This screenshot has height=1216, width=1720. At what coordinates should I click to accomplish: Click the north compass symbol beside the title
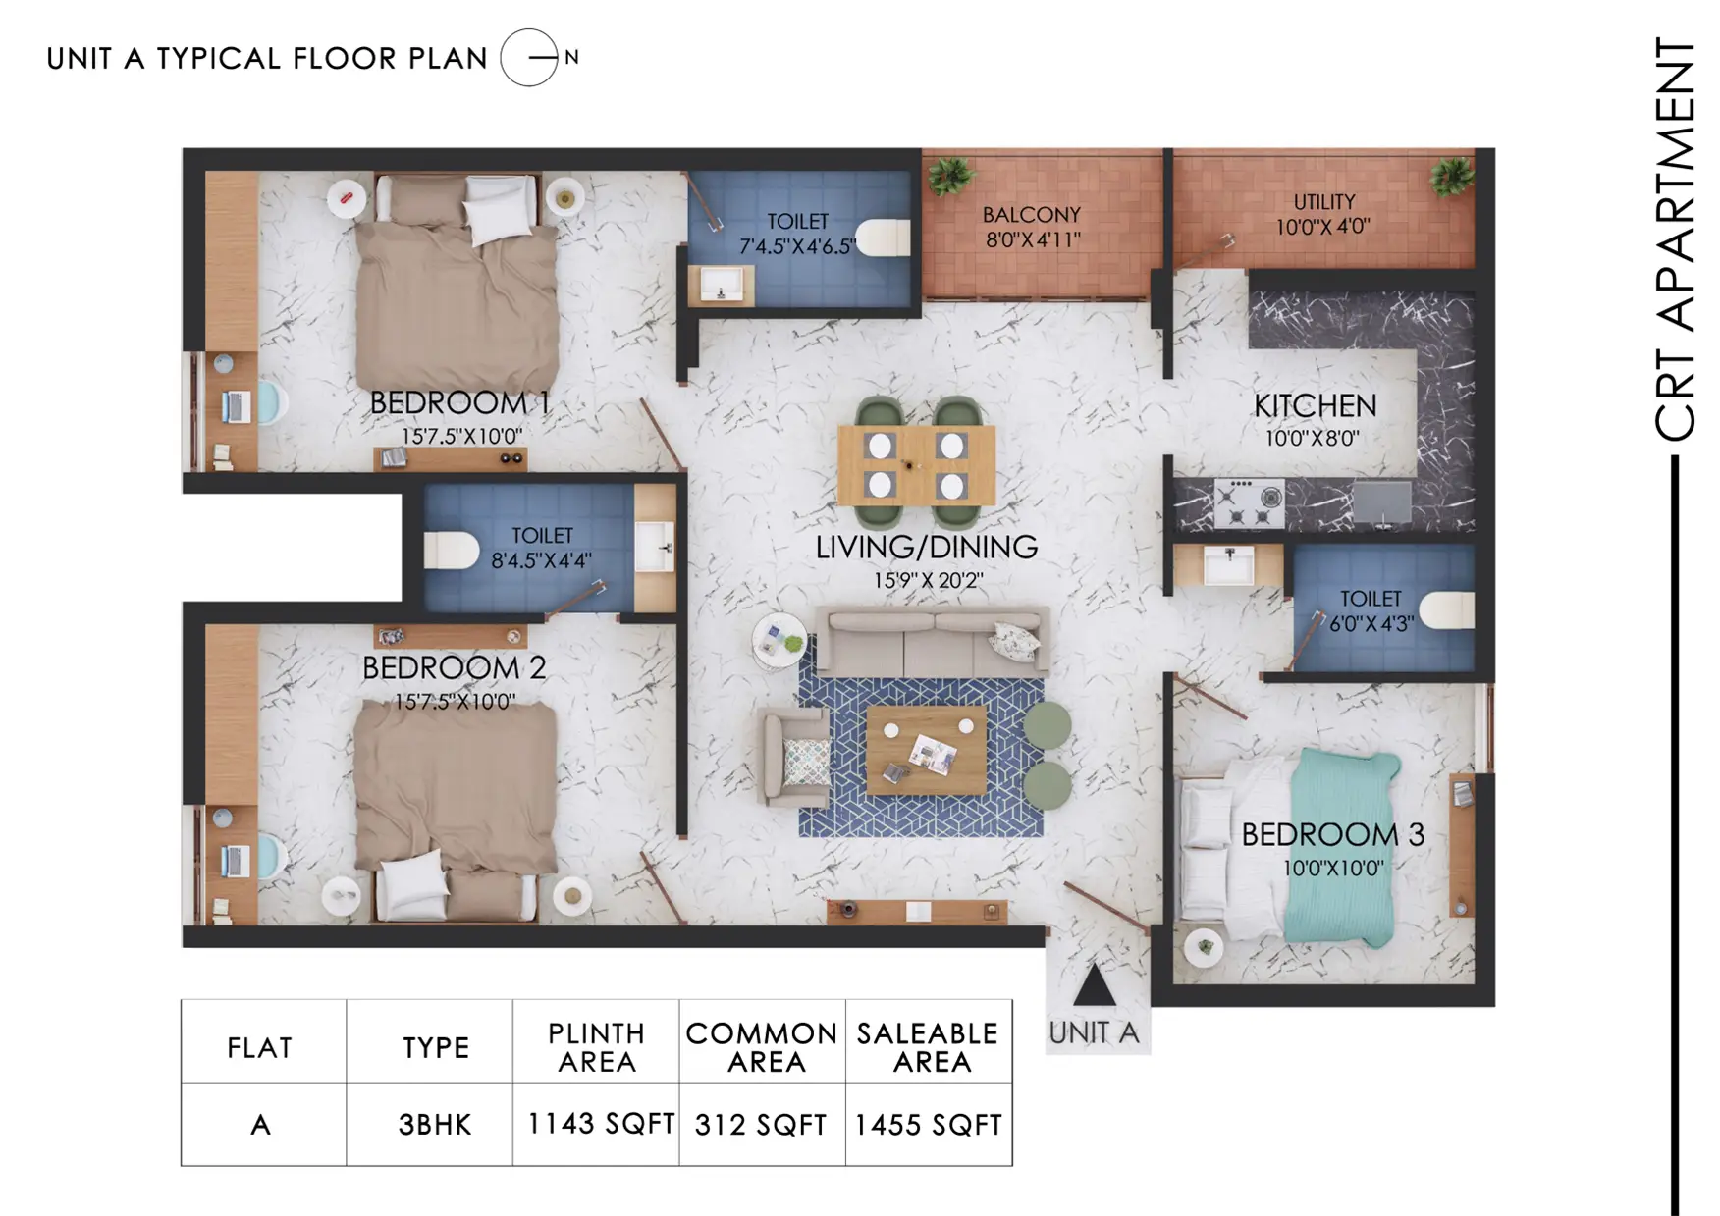(529, 58)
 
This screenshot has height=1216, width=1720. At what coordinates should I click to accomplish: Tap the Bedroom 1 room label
(459, 403)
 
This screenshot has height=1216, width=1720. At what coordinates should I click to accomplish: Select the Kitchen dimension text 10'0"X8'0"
(1313, 438)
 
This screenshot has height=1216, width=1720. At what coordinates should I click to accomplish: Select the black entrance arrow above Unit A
(1094, 984)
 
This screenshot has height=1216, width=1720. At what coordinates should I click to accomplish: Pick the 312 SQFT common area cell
(762, 1124)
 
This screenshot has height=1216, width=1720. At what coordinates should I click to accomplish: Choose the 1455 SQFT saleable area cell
(929, 1124)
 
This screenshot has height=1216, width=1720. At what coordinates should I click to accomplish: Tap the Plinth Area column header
(596, 1047)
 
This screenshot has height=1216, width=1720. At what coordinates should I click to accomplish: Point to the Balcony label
(1032, 215)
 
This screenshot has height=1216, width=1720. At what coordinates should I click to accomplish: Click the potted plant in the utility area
(1451, 178)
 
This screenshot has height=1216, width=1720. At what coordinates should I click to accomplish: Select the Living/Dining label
(927, 548)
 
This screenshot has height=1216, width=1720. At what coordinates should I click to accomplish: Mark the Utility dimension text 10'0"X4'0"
(1322, 227)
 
